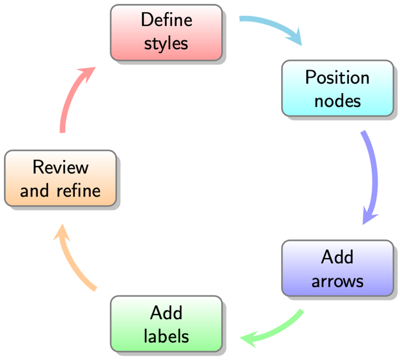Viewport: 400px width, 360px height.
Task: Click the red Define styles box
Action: tap(166, 33)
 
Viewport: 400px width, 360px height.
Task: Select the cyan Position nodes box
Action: tap(337, 89)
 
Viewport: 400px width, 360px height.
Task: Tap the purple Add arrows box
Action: tap(337, 268)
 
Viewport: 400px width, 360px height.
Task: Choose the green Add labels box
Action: tap(166, 324)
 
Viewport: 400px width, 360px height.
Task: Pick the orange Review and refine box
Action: tap(60, 179)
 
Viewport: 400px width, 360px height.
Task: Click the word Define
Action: tap(166, 20)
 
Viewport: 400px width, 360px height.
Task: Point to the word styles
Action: tap(166, 44)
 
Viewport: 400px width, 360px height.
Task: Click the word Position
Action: tap(337, 77)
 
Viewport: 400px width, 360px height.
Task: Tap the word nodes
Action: tap(337, 101)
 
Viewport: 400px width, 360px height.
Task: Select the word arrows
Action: tap(337, 281)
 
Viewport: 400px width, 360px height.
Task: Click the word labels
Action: tap(166, 336)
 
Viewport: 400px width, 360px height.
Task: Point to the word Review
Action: tap(60, 167)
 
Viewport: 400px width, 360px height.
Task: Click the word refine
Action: tap(78, 190)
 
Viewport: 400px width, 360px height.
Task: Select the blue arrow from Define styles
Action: tap(268, 26)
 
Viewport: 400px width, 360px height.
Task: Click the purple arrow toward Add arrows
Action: tap(373, 172)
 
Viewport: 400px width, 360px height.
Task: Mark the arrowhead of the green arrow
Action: tap(249, 338)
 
